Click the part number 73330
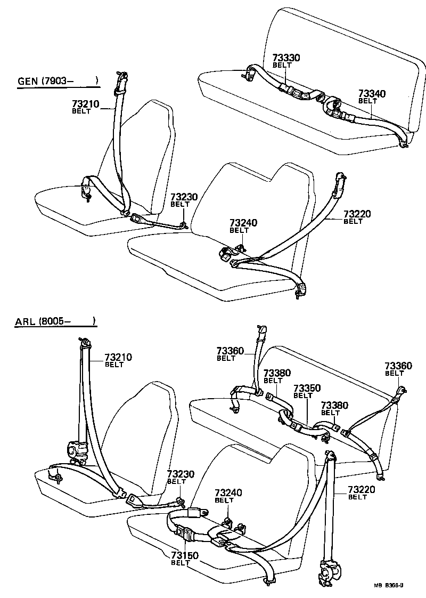pyautogui.click(x=286, y=58)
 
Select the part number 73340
pyautogui.click(x=372, y=93)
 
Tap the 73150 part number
pyautogui.click(x=185, y=555)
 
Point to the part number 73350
pyautogui.click(x=307, y=388)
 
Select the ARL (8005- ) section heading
pyautogui.click(x=55, y=321)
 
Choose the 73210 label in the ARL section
pyautogui.click(x=118, y=357)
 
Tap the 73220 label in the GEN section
pyautogui.click(x=357, y=214)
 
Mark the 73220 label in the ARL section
pyautogui.click(x=362, y=490)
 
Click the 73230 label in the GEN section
pyautogui.click(x=184, y=197)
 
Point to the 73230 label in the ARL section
pyautogui.click(x=181, y=474)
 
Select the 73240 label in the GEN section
pyautogui.click(x=243, y=223)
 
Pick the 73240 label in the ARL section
pyautogui.click(x=228, y=493)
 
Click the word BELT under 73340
pyautogui.click(x=367, y=101)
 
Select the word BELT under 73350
pyautogui.click(x=303, y=395)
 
